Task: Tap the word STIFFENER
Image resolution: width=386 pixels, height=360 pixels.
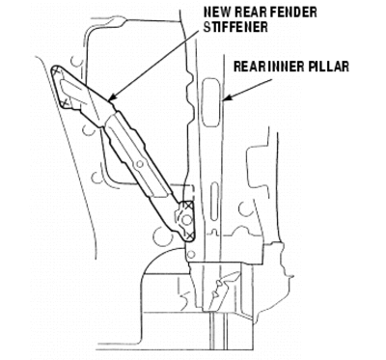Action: tap(235, 27)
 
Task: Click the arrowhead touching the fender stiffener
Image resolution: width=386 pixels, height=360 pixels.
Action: tap(112, 98)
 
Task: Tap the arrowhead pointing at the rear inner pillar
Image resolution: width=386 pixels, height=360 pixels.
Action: tap(226, 97)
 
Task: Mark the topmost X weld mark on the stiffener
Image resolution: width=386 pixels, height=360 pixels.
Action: tap(57, 70)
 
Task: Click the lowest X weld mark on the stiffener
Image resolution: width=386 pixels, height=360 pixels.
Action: tap(189, 236)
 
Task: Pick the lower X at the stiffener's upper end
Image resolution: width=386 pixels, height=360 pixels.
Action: tap(66, 102)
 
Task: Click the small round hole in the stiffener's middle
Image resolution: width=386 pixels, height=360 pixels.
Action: tap(140, 164)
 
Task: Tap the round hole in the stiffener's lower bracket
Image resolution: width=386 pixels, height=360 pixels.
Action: tap(185, 220)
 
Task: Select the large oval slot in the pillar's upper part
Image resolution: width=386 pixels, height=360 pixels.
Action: tap(211, 103)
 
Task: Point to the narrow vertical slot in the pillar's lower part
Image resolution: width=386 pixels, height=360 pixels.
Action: tap(214, 202)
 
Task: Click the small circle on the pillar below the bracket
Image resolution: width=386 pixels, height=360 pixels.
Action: tap(191, 255)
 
